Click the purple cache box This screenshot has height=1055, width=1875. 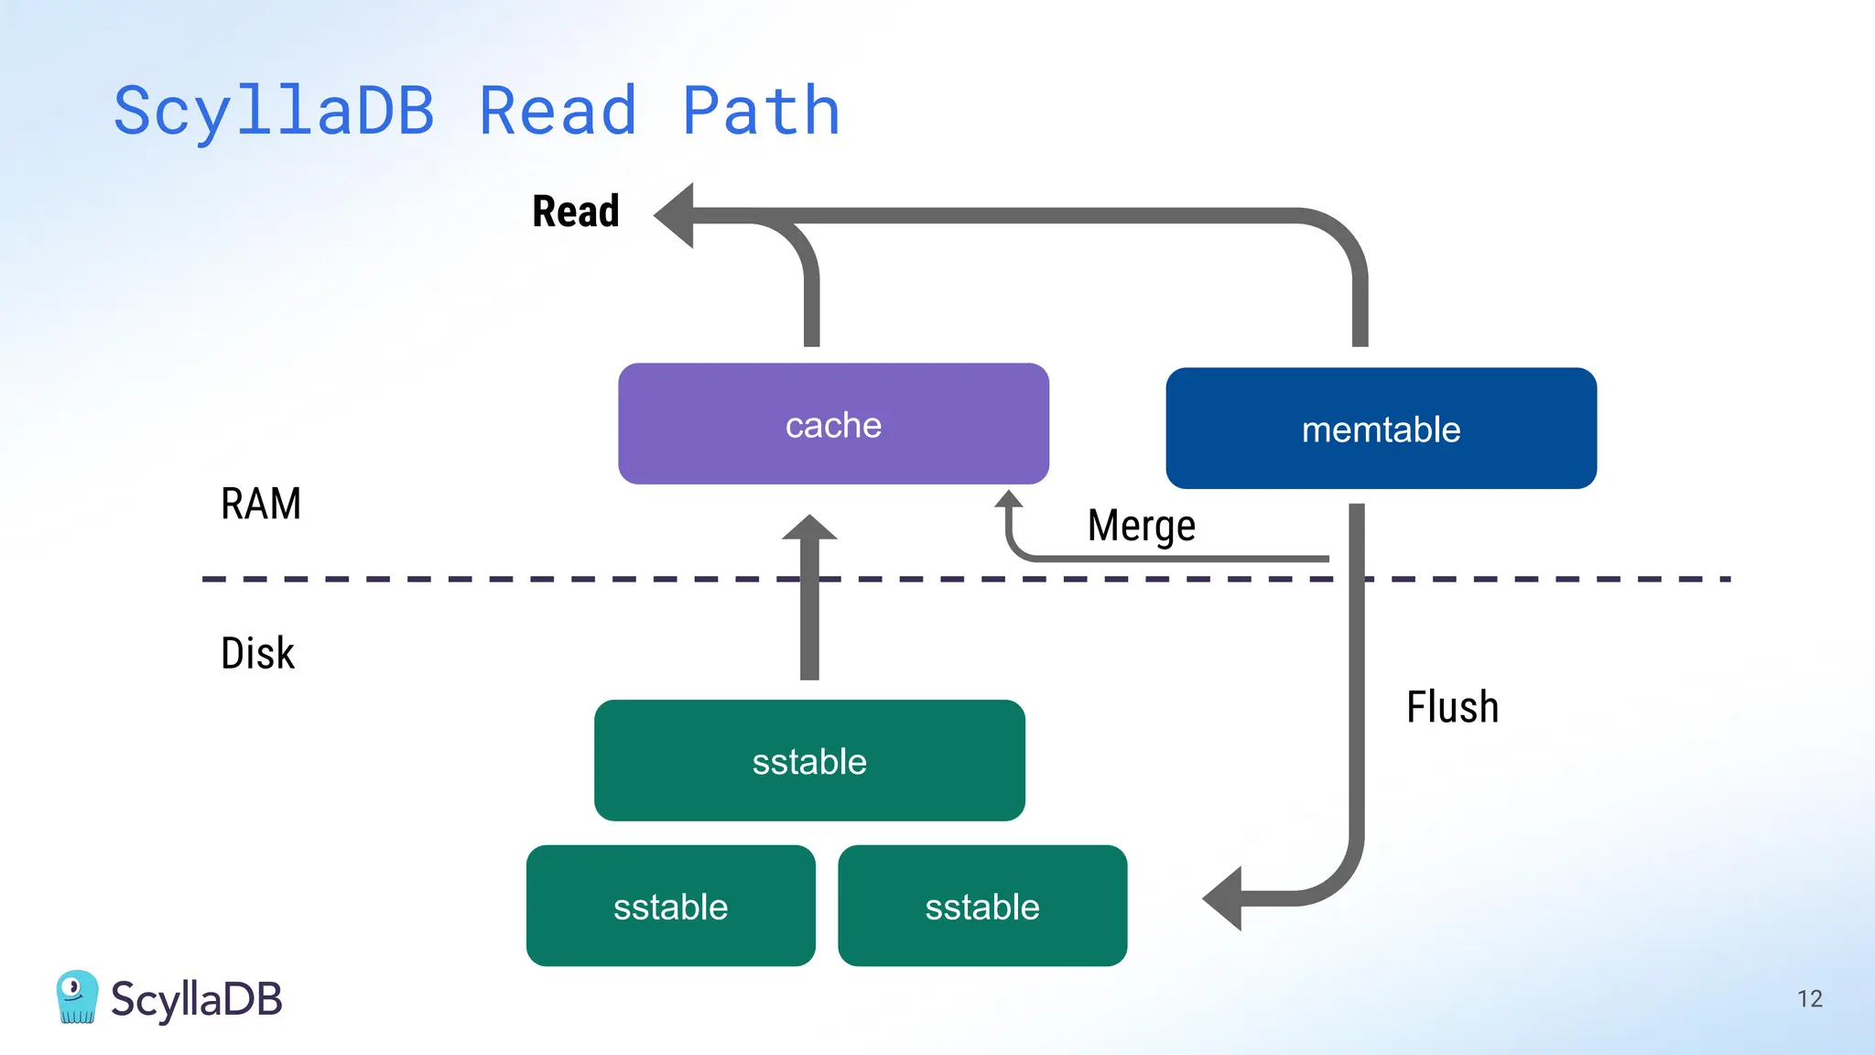(833, 424)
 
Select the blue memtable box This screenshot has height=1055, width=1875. (1381, 429)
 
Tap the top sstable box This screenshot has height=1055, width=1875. (809, 761)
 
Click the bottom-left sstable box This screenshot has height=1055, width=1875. (670, 907)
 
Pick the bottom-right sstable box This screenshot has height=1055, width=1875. (981, 907)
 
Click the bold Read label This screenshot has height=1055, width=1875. (576, 212)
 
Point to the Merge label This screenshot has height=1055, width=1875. (1141, 526)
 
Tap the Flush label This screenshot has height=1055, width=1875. (1452, 707)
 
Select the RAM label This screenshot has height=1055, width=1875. (261, 504)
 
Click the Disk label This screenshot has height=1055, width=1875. (257, 653)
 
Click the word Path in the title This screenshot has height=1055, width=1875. (761, 112)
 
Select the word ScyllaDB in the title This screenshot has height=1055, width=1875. (274, 112)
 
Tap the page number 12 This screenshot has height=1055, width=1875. (1809, 998)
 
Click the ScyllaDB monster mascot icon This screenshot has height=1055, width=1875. (77, 996)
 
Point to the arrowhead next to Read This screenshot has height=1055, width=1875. (676, 215)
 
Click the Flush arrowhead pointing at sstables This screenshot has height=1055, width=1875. (1223, 898)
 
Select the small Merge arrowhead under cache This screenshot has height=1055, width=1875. (1008, 499)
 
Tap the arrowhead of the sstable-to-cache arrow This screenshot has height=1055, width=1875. (809, 527)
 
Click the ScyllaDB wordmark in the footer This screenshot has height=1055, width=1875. (196, 999)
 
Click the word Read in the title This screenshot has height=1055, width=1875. (558, 112)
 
